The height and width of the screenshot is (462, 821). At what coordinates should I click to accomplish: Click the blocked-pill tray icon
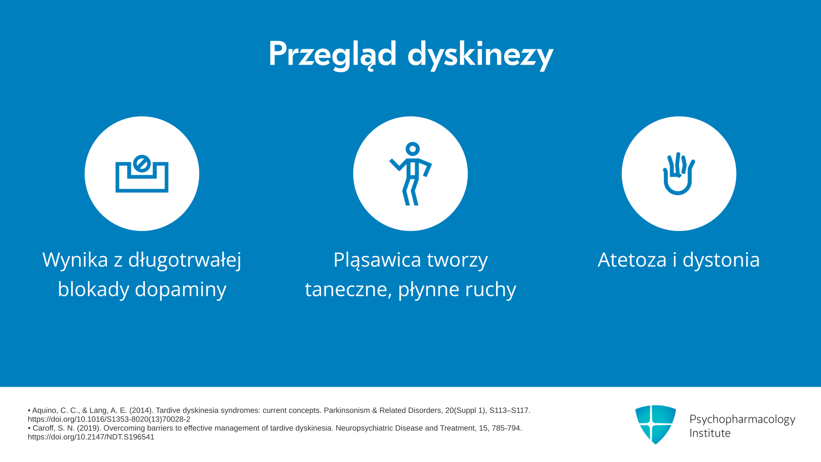tap(142, 174)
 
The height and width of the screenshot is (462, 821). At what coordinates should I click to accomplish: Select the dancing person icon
tap(410, 174)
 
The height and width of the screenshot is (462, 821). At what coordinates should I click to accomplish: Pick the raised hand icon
tap(679, 174)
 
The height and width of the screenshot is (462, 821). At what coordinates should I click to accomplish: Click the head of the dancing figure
tap(413, 149)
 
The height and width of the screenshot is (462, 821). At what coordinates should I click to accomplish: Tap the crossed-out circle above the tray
tap(142, 163)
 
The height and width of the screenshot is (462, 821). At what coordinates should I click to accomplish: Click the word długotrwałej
tap(185, 260)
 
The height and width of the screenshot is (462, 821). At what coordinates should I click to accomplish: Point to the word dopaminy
tap(180, 290)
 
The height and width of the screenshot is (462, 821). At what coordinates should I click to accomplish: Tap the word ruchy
tap(490, 290)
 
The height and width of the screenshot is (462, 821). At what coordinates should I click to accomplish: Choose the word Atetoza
tap(632, 260)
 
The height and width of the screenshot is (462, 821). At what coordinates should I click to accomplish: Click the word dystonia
tap(721, 260)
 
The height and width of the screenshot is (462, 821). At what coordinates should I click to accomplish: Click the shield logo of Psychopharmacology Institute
tap(656, 424)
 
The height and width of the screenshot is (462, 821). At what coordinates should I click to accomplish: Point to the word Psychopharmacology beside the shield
tap(742, 419)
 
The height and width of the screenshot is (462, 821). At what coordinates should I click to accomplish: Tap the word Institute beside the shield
tap(710, 433)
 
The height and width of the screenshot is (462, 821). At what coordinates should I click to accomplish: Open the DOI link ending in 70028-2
tap(109, 419)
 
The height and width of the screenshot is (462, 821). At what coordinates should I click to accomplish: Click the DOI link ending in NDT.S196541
tap(91, 437)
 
